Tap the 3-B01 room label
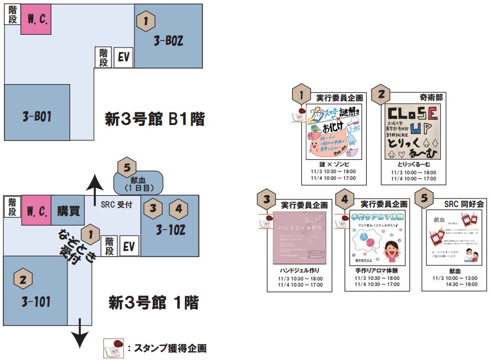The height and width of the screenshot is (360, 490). (37, 117)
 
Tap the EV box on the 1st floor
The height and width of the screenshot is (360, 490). (128, 246)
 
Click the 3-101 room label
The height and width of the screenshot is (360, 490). (37, 302)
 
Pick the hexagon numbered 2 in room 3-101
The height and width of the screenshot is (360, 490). (23, 279)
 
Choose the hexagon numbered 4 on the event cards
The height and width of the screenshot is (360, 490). (345, 199)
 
